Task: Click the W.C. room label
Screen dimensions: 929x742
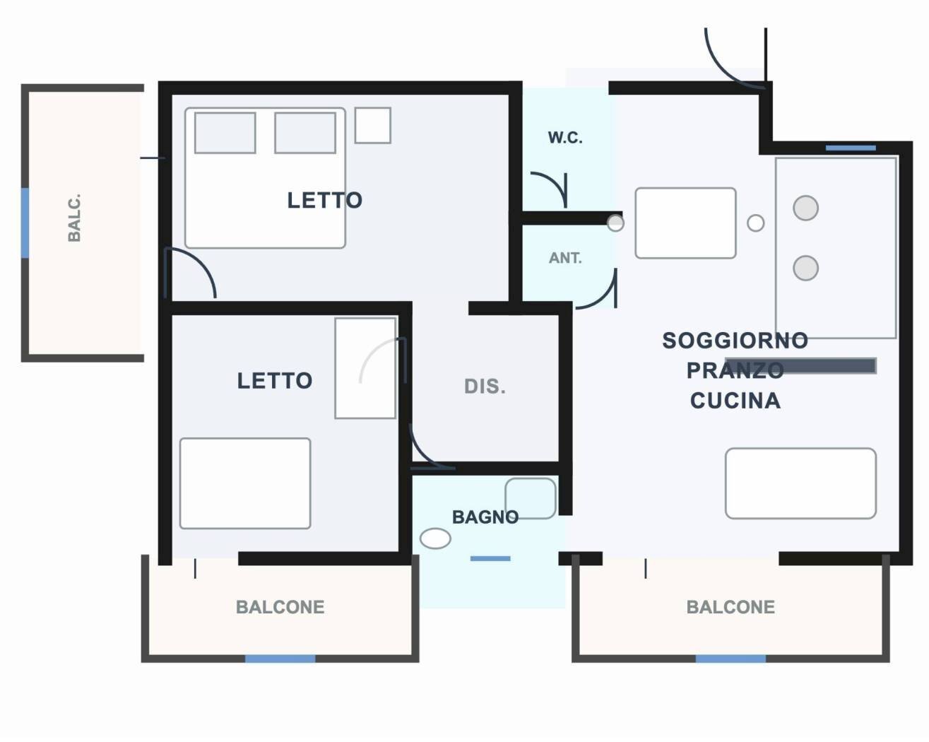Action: coord(565,137)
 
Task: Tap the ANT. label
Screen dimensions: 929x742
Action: coord(565,258)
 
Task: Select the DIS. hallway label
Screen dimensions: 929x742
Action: coord(485,386)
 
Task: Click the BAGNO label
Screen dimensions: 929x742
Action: coord(485,517)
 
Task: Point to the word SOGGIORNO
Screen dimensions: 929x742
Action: coord(735,341)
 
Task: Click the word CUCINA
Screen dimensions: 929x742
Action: coord(735,401)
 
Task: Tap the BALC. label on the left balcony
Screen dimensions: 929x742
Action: coord(74,218)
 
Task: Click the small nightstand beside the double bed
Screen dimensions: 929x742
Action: coord(373,125)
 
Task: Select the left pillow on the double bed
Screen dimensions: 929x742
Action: coord(225,133)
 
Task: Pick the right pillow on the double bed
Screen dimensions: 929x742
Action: coord(305,133)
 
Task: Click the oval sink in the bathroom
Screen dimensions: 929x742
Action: coord(435,538)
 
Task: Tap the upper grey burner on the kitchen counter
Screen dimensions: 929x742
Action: coord(805,208)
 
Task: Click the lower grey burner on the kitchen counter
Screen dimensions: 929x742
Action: coord(805,268)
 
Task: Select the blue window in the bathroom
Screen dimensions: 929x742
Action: coord(490,558)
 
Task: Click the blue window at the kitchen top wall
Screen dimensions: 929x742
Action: coord(851,148)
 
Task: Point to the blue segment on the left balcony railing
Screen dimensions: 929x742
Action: coord(25,223)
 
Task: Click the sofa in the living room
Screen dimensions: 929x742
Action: coord(801,483)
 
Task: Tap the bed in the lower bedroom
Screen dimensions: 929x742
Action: coord(245,483)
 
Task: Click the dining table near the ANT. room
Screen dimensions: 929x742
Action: coord(685,223)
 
